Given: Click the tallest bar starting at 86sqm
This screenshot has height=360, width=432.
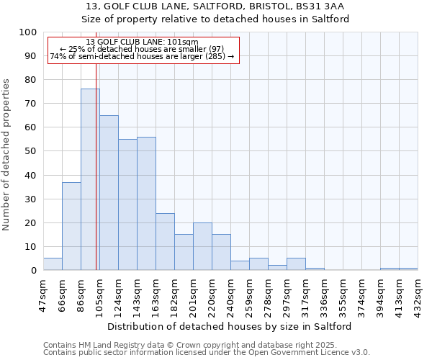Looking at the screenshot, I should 90,179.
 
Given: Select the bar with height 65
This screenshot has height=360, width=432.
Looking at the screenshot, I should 109,192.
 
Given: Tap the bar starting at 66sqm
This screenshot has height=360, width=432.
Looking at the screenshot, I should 71,226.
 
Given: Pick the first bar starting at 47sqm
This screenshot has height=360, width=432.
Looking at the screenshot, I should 53,264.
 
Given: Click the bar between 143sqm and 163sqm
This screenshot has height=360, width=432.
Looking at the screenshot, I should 146,203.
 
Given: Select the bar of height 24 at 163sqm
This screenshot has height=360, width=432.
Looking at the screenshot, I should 165,241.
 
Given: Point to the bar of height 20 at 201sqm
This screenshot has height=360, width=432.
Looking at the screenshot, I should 202,246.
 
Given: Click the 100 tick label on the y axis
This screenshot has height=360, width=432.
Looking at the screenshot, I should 28,32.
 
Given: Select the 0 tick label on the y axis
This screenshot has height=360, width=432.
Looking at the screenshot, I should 33,270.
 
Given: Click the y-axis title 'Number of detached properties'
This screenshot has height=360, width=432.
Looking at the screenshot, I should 7,155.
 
